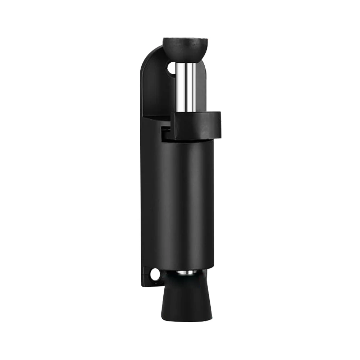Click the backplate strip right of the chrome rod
tap(202, 90)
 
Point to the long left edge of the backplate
tap(141, 180)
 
